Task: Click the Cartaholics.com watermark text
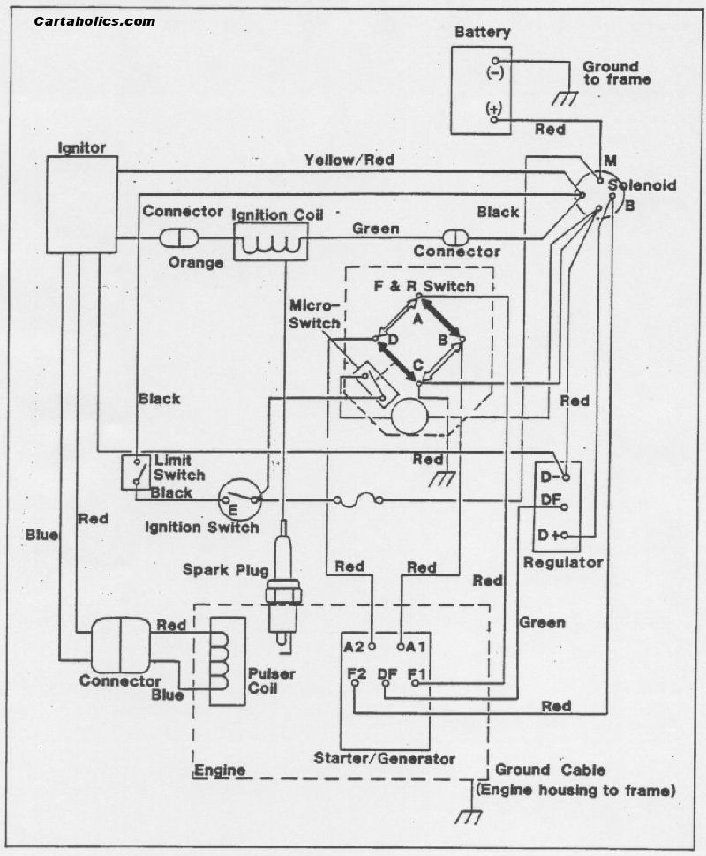[94, 20]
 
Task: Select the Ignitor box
[82, 204]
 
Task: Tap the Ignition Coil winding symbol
[269, 241]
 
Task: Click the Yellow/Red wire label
[349, 160]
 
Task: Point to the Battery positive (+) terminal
[493, 109]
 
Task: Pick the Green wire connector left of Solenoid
[457, 237]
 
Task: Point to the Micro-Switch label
[315, 314]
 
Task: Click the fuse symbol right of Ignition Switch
[357, 500]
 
